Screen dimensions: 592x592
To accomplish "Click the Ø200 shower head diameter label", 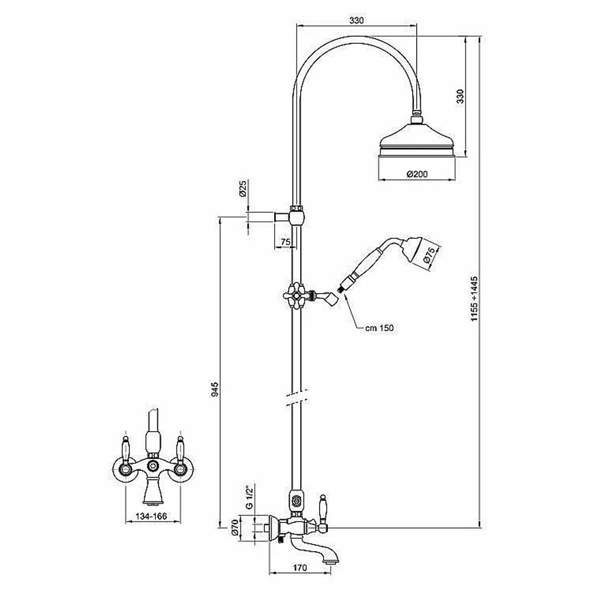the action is point(417,174).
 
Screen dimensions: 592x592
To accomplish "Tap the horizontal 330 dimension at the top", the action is point(356,20).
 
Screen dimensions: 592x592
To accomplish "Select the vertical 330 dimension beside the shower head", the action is point(459,96).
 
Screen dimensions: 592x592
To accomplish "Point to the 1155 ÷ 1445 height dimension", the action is point(474,298).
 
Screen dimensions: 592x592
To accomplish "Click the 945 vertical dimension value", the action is point(214,390).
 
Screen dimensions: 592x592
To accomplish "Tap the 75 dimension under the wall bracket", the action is point(285,242).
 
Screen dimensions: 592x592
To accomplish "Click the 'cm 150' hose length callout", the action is point(379,328).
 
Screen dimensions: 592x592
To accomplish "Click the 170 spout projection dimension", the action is point(300,567).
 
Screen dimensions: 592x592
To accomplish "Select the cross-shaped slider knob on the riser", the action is point(295,296).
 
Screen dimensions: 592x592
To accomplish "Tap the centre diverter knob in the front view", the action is point(153,465).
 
